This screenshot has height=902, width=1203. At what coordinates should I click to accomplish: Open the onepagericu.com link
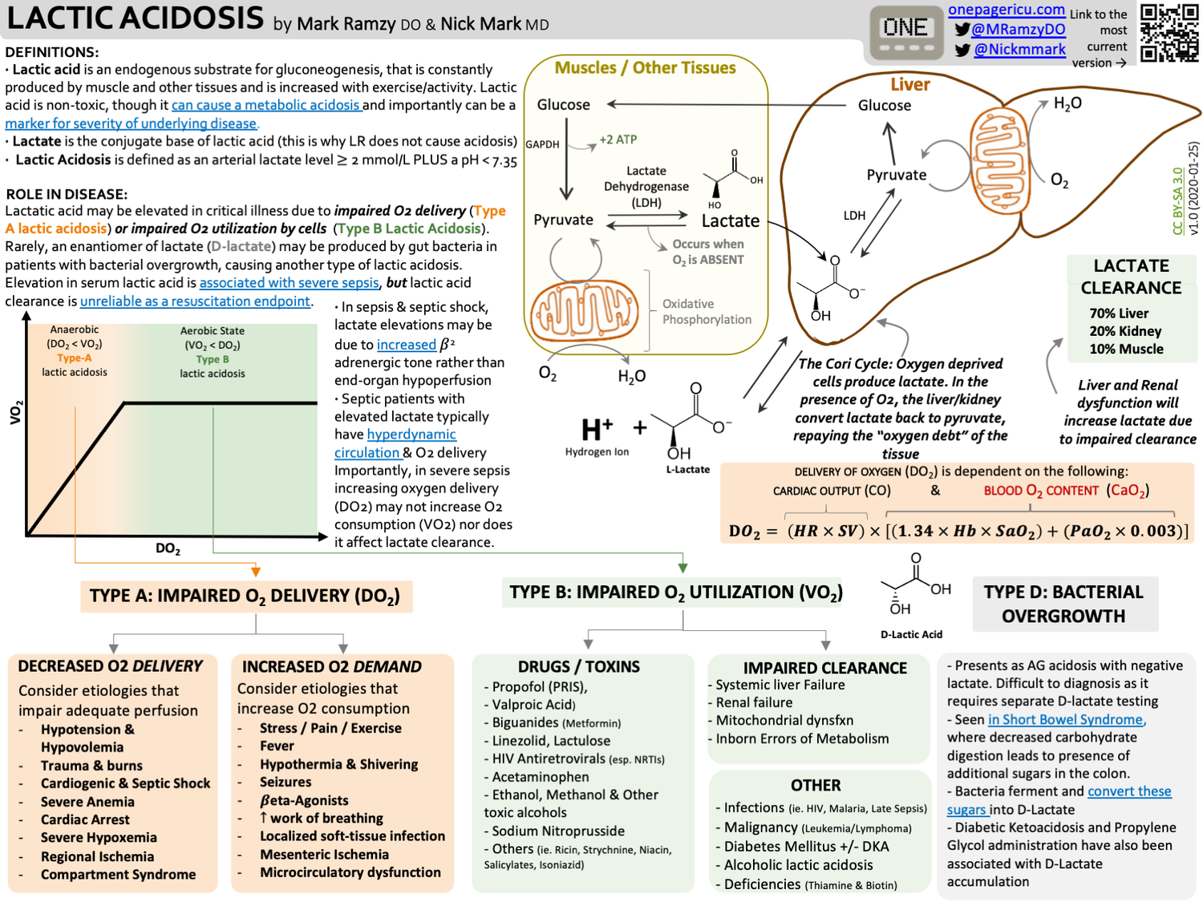point(1006,10)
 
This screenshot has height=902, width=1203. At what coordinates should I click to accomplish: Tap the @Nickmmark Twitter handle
point(1019,50)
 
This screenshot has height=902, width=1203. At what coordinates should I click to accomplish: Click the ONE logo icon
point(905,32)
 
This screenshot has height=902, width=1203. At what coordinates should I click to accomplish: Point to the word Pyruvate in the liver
point(896,175)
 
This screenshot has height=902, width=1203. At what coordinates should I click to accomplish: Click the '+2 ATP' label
point(618,140)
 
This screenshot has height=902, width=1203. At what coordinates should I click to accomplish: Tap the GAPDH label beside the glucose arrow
point(542,144)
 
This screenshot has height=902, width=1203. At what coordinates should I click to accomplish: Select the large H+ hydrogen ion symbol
point(597,430)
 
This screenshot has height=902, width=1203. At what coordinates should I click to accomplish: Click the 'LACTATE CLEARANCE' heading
point(1131,277)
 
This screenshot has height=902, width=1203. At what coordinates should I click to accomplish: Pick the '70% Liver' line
point(1118,313)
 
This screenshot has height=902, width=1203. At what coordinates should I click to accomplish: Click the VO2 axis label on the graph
point(14,412)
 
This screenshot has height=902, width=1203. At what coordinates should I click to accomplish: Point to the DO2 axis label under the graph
point(168,549)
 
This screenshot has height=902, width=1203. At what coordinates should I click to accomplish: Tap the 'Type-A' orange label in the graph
point(74,358)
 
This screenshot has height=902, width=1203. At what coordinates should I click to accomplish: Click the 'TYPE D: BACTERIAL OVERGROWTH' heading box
point(1063,604)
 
